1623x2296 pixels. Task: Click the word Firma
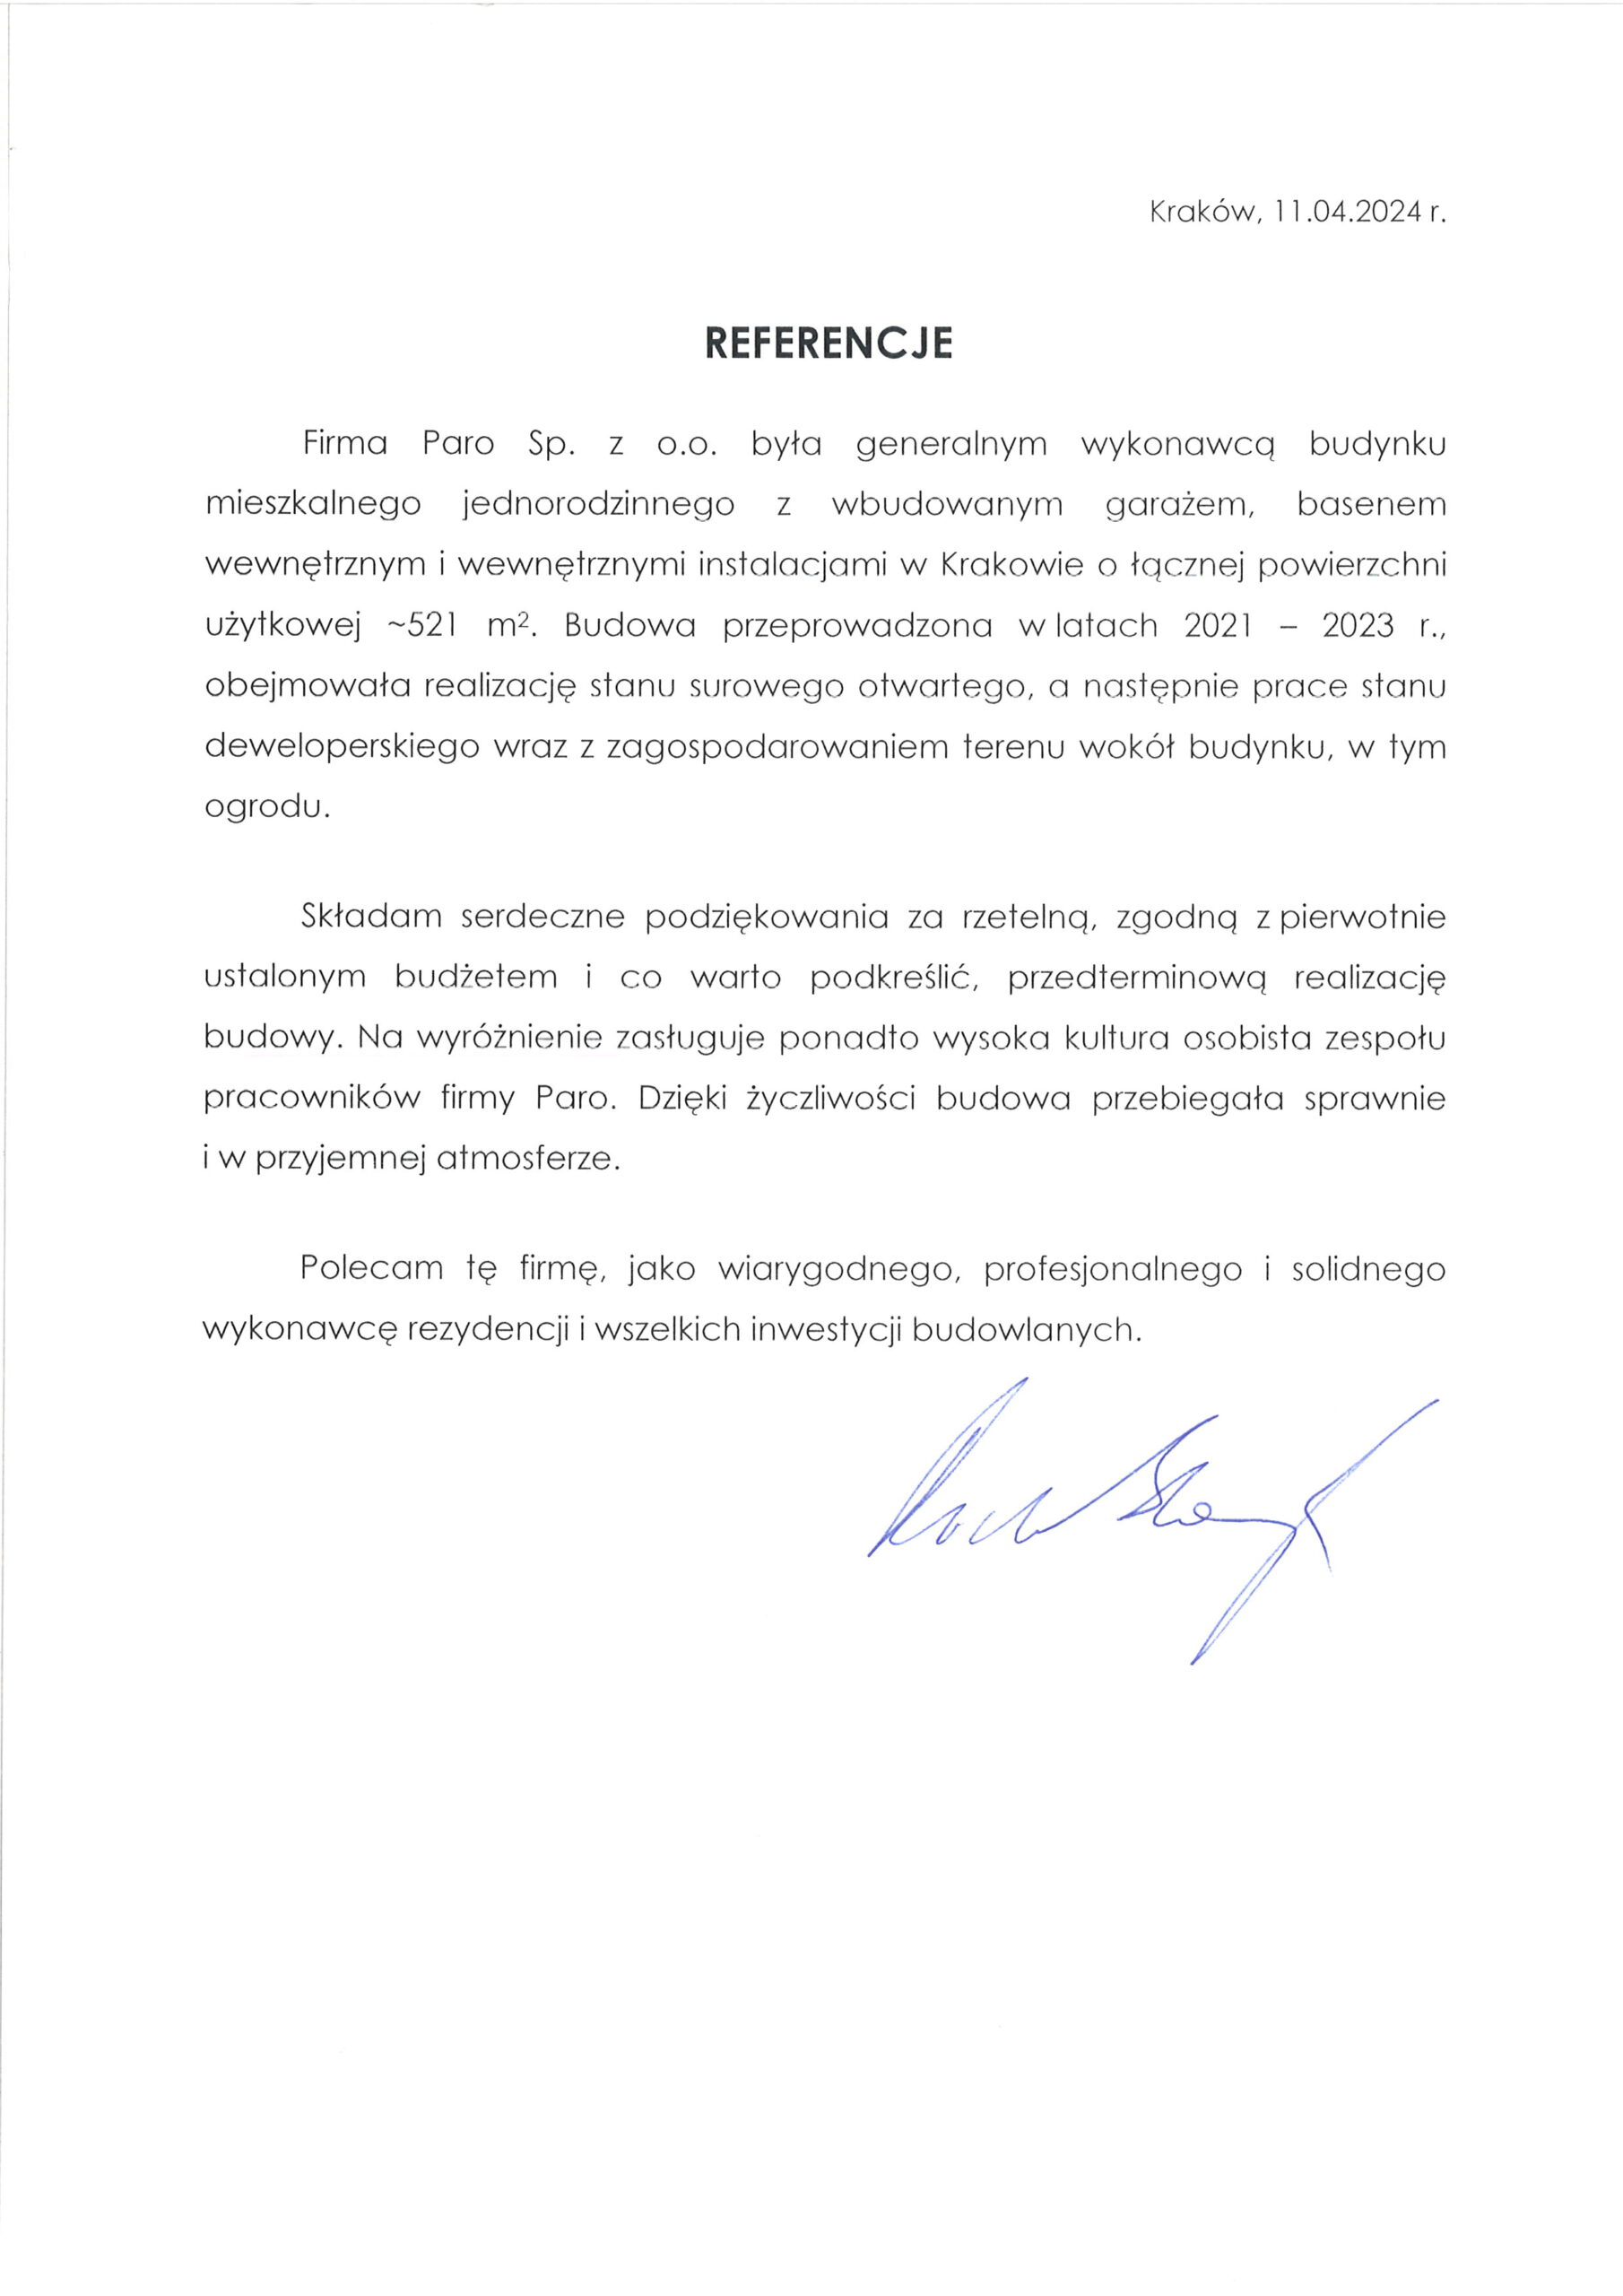[345, 443]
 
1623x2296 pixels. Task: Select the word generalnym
[952, 445]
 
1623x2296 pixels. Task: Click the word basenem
[1371, 504]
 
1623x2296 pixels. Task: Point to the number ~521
[422, 625]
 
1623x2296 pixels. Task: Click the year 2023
[1358, 625]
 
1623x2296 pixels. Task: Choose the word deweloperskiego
[342, 748]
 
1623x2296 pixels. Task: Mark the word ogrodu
[266, 808]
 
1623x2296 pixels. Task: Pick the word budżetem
[476, 977]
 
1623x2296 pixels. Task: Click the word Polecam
[371, 1269]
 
